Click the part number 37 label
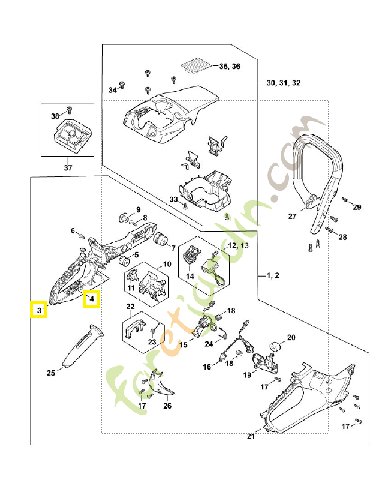point(67,167)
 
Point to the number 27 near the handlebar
point(293,217)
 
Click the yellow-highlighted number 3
point(38,310)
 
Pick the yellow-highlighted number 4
point(92,298)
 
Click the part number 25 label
point(51,373)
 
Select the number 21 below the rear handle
point(251,436)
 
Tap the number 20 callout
point(291,338)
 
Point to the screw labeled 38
point(68,110)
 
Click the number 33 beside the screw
point(173,199)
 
